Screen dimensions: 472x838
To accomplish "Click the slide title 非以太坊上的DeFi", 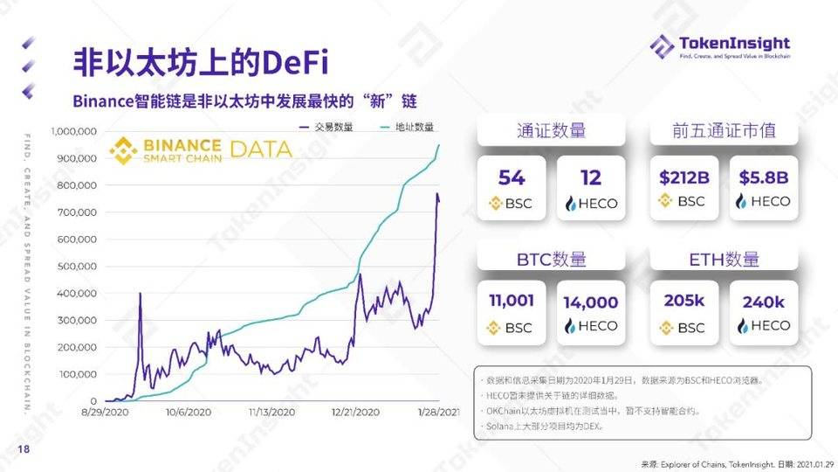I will tap(201, 63).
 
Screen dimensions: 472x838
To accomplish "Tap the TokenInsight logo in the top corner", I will tap(719, 45).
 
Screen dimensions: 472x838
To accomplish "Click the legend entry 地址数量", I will tap(406, 127).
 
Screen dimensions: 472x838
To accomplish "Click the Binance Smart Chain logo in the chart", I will tap(166, 149).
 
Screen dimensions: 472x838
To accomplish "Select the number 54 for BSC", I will tap(512, 177).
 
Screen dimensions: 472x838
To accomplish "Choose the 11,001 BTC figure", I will tap(512, 302).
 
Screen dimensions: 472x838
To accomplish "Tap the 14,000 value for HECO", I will tap(591, 303).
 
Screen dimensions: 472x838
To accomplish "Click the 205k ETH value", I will tap(683, 302).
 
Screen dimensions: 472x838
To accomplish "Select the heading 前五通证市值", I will tap(724, 131).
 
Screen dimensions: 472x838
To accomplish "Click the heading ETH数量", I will tap(724, 259).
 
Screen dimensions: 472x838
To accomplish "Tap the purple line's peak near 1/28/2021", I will tap(437, 194).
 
